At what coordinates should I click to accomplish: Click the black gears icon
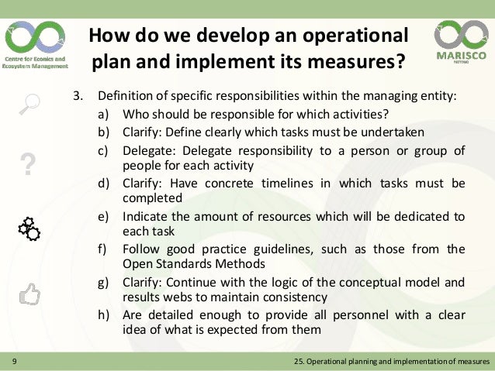point(28,228)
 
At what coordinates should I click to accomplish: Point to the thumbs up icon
point(29,293)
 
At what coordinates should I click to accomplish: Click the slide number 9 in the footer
point(14,362)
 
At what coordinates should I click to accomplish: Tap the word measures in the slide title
point(351,61)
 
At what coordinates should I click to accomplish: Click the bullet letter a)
point(103,115)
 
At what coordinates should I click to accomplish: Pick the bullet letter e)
point(103,217)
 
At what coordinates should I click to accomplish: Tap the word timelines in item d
point(292,184)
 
